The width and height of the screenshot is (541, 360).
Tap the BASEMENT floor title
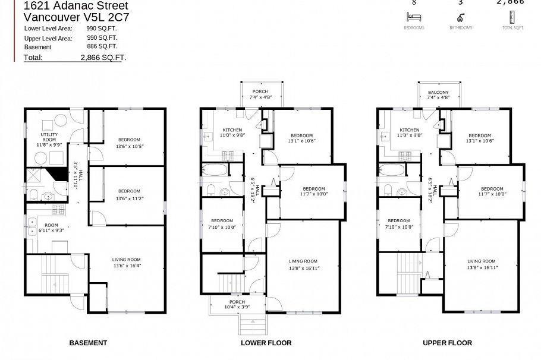tap(88, 343)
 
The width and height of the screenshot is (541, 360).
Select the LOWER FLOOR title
tap(266, 343)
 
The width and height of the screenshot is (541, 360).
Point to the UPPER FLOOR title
tap(447, 343)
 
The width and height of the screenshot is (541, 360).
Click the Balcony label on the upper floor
tap(438, 93)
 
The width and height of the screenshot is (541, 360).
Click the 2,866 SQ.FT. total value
tap(103, 58)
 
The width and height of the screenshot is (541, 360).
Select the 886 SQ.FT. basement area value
tap(102, 46)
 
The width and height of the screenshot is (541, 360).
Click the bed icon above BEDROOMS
tap(414, 17)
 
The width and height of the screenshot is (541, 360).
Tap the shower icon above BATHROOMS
tap(461, 17)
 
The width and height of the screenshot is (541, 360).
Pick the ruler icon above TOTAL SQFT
tap(512, 17)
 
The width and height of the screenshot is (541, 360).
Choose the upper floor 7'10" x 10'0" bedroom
tap(398, 224)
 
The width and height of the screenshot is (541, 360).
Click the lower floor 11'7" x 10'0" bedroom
tap(313, 191)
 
